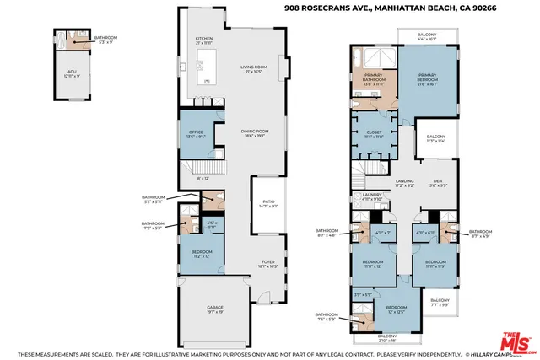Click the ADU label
pyautogui.click(x=73, y=74)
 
